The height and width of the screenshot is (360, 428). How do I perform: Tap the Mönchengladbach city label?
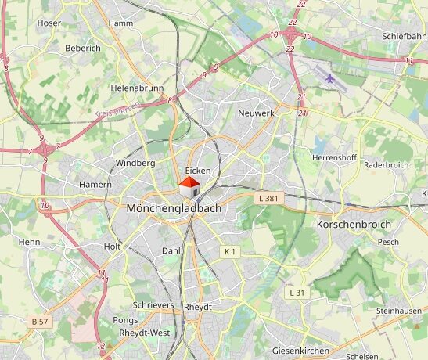pos(174,209)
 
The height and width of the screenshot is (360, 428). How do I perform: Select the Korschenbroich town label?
pos(353,224)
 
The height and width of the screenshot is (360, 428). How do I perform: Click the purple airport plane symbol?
pos(331,78)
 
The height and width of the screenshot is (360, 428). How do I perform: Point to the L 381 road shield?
pos(268,199)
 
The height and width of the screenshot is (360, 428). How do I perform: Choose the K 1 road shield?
pos(229,251)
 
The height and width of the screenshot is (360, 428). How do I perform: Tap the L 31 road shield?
pos(297,292)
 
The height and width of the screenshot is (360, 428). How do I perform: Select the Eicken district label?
pos(198,171)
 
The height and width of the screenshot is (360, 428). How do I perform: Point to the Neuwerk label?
pos(255,113)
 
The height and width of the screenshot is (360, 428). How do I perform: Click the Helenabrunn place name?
pos(136,88)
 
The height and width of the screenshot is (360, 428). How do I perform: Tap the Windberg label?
pos(135,163)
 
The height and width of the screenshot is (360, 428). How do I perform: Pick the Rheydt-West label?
pos(144,333)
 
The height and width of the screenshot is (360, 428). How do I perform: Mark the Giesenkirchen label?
pos(300,351)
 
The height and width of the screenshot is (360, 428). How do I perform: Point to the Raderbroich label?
pos(387,165)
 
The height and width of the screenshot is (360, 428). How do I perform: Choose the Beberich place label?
pos(83,48)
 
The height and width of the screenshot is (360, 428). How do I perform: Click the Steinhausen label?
pos(398,311)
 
